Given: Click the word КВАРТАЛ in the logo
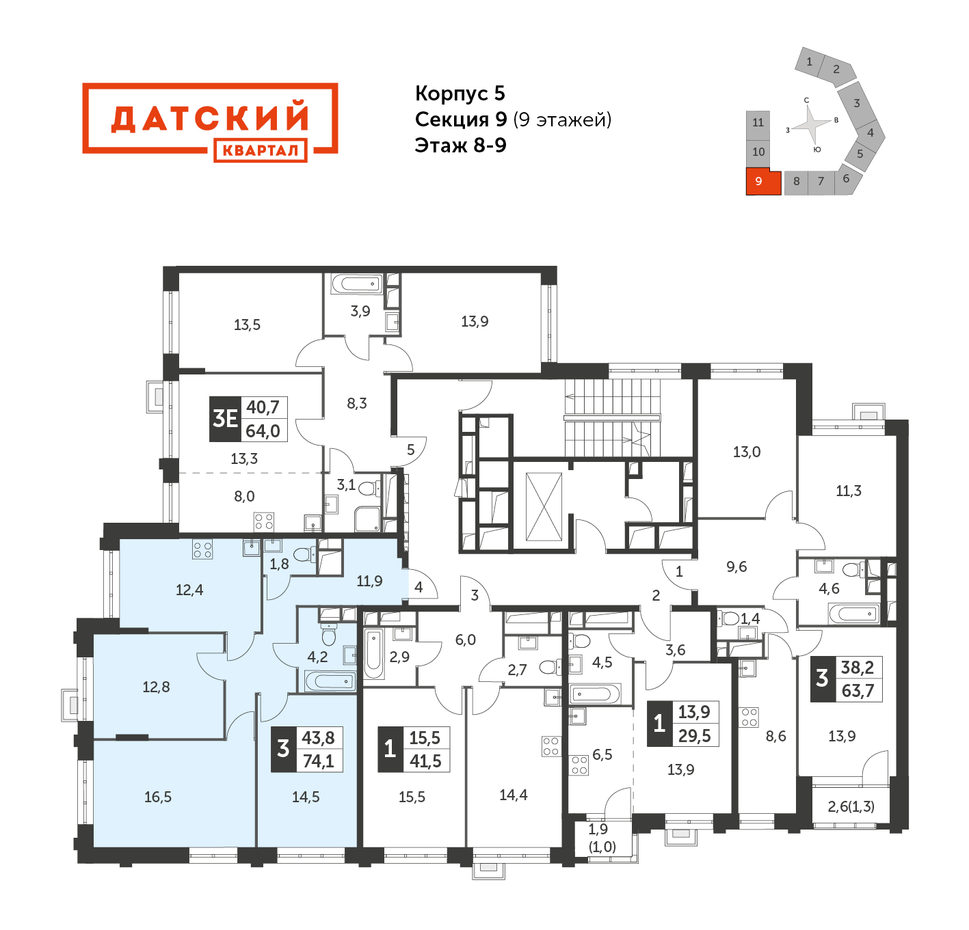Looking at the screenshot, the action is click(260, 150).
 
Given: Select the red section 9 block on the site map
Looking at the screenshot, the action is click(762, 182).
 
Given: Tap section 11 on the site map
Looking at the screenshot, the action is click(758, 123).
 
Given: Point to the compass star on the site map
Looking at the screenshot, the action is click(812, 125).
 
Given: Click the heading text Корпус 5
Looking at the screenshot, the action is click(460, 93).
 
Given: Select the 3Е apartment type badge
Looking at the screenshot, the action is click(224, 418).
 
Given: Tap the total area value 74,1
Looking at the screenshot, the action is click(318, 761).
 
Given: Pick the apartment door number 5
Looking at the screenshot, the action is click(410, 450).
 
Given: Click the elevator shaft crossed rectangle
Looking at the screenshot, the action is click(544, 506).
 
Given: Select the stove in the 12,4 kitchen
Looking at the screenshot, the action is click(202, 549).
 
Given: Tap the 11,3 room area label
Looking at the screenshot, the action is click(849, 491).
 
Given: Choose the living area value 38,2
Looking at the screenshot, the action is click(857, 668).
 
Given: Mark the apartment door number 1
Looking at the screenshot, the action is click(678, 572).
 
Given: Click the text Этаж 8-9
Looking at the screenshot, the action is click(460, 146).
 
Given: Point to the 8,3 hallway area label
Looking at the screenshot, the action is click(356, 404).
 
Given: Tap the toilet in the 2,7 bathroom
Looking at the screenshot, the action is click(550, 666).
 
